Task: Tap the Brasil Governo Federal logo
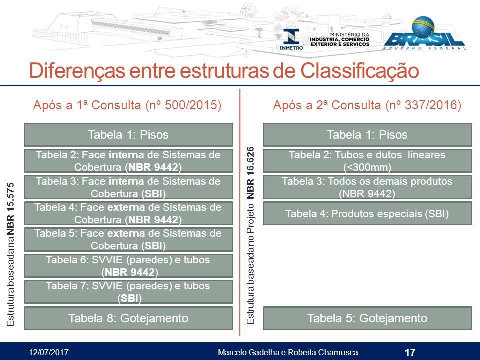[x=425, y=33]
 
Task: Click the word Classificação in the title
[x=359, y=70]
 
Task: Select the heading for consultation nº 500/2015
[x=127, y=105]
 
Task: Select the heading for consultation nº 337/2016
[x=367, y=105]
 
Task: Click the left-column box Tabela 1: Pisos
[x=128, y=135]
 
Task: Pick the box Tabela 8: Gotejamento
[x=128, y=318]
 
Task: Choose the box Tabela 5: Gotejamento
[x=367, y=318]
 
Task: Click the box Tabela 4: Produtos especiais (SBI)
[x=367, y=213]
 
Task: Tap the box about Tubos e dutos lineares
[x=367, y=161]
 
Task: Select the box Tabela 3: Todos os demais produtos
[x=367, y=187]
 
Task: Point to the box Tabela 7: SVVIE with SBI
[x=128, y=292]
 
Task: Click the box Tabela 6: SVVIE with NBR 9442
[x=128, y=266]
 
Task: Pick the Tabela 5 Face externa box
[x=128, y=239]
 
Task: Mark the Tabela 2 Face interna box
[x=128, y=161]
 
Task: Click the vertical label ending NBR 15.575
[x=10, y=254]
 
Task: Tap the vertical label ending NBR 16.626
[x=250, y=235]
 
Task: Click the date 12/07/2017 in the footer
[x=49, y=352]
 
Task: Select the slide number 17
[x=410, y=352]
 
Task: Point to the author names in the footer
[x=288, y=352]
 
